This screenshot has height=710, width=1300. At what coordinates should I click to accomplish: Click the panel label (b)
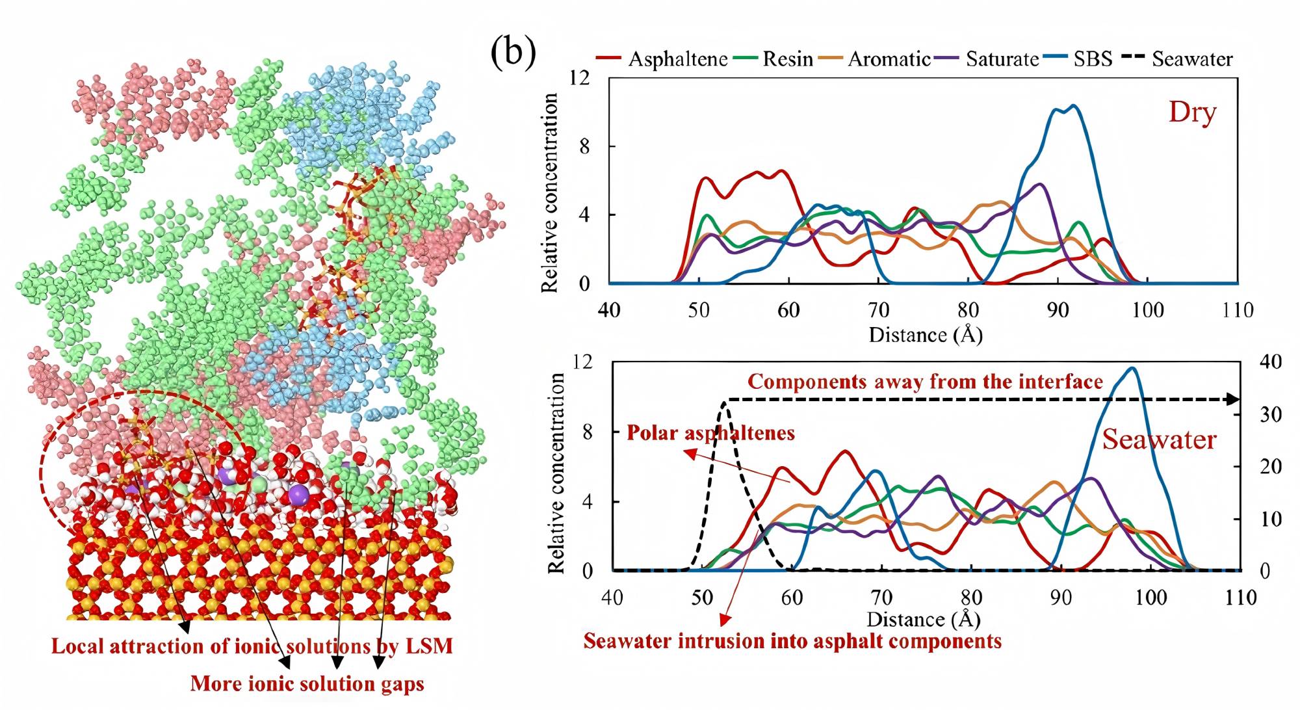(x=513, y=51)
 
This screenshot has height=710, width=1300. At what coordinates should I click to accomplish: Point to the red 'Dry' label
(x=1192, y=112)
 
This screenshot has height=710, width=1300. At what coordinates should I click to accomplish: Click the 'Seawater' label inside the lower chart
(x=1158, y=440)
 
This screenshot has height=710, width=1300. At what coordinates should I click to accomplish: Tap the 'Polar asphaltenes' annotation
(x=710, y=433)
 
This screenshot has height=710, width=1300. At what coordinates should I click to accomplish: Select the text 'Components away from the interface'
(x=925, y=382)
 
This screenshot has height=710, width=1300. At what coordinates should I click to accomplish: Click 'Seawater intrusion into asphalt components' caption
(x=792, y=641)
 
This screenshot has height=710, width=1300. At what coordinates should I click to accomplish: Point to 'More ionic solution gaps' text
(x=307, y=684)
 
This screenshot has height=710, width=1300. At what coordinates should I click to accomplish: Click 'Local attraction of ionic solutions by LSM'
(x=252, y=646)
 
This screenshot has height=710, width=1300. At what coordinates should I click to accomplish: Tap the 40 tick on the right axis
(x=1270, y=362)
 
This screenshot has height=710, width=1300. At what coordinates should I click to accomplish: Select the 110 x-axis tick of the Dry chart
(x=1237, y=309)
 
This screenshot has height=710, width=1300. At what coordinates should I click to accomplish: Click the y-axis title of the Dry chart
(x=550, y=192)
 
